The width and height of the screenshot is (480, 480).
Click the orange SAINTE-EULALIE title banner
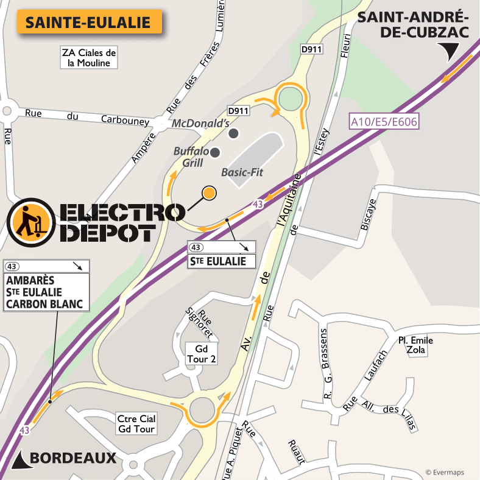[88, 23]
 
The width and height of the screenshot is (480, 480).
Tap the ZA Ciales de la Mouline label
[88, 57]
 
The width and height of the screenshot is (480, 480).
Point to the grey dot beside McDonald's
[233, 133]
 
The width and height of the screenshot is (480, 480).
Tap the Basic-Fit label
[242, 172]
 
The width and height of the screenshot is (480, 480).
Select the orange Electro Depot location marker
[209, 193]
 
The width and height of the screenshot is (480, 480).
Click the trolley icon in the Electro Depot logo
[29, 220]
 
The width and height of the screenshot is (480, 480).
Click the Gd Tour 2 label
[201, 353]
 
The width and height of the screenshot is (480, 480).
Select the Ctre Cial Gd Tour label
[136, 424]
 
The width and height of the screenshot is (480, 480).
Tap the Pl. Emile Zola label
[415, 345]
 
